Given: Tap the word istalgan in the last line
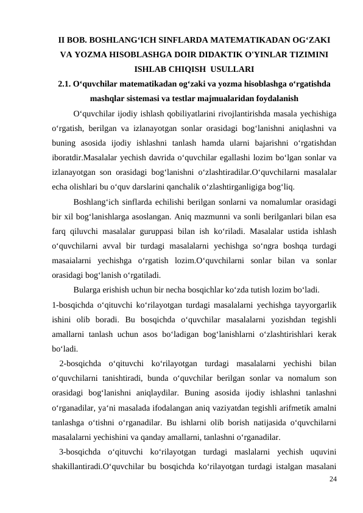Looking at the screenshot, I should [278, 465].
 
